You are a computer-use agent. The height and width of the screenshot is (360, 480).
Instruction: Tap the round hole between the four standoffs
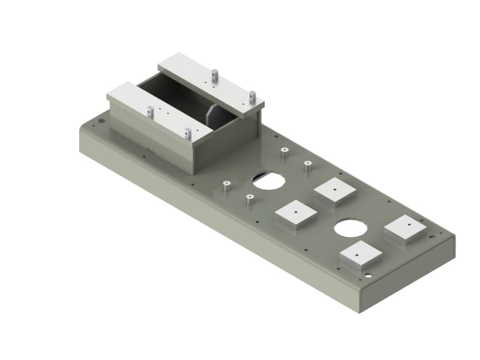pyautogui.click(x=268, y=180)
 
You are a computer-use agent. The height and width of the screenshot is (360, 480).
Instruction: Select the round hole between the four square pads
pyautogui.click(x=351, y=228)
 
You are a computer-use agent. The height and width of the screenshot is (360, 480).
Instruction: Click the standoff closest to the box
pyautogui.click(x=284, y=153)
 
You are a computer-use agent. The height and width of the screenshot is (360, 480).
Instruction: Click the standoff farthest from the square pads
pyautogui.click(x=226, y=187)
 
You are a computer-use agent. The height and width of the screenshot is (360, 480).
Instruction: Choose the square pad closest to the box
pyautogui.click(x=334, y=190)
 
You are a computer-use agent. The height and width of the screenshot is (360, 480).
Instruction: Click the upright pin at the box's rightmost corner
pyautogui.click(x=253, y=96)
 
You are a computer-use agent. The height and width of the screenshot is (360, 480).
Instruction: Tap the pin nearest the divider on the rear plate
pyautogui.click(x=214, y=76)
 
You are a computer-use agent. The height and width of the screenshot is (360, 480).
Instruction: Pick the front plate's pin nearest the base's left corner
pyautogui.click(x=150, y=112)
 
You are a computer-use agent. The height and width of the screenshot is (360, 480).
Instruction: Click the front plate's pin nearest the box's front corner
pyautogui.click(x=188, y=133)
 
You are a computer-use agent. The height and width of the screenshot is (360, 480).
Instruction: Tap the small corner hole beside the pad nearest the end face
pyautogui.click(x=367, y=276)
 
